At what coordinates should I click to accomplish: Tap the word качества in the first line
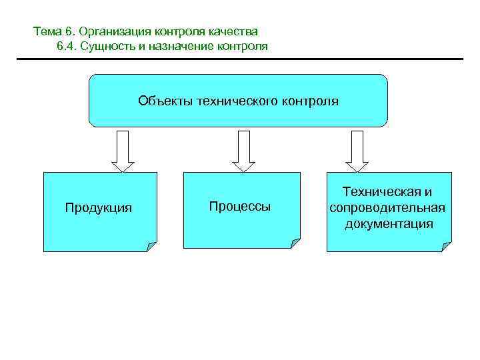235,31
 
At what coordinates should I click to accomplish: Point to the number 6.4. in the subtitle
69,47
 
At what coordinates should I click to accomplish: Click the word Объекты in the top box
162,101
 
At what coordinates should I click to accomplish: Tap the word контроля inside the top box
311,101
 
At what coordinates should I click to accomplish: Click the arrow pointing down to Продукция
123,151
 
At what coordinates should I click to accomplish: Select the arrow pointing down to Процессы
243,151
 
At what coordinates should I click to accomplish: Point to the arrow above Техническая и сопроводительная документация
357,151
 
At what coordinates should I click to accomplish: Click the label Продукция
98,208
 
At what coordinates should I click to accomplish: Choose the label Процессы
240,207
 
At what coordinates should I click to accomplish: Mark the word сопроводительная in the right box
387,207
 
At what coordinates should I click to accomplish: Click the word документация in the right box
389,223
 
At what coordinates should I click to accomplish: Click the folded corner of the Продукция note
151,247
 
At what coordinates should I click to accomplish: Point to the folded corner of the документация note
446,247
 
